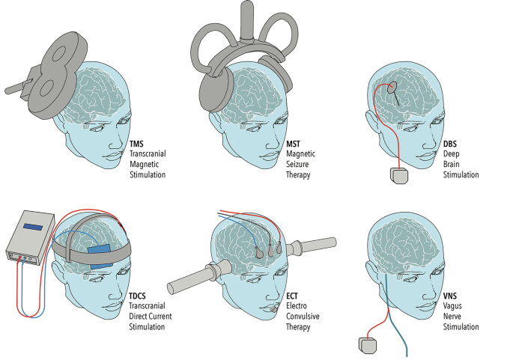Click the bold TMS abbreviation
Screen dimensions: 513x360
point(136,144)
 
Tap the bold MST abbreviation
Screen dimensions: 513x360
point(293,144)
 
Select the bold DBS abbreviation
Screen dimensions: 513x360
point(450,144)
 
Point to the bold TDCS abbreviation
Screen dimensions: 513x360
point(137,296)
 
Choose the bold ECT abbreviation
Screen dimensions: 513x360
point(292,296)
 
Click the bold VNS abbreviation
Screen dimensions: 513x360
point(450,296)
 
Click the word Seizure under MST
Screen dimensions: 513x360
point(297,164)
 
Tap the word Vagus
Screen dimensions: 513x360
point(452,306)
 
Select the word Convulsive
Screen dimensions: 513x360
point(303,317)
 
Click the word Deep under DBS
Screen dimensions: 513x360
point(451,154)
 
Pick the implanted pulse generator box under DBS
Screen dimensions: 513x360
point(399,176)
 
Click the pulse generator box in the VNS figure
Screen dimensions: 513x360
point(368,346)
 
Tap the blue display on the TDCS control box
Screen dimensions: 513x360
point(33,227)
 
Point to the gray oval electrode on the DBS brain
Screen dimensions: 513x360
point(392,88)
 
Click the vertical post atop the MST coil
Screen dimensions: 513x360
point(246,19)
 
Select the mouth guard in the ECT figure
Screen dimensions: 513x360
point(275,308)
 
